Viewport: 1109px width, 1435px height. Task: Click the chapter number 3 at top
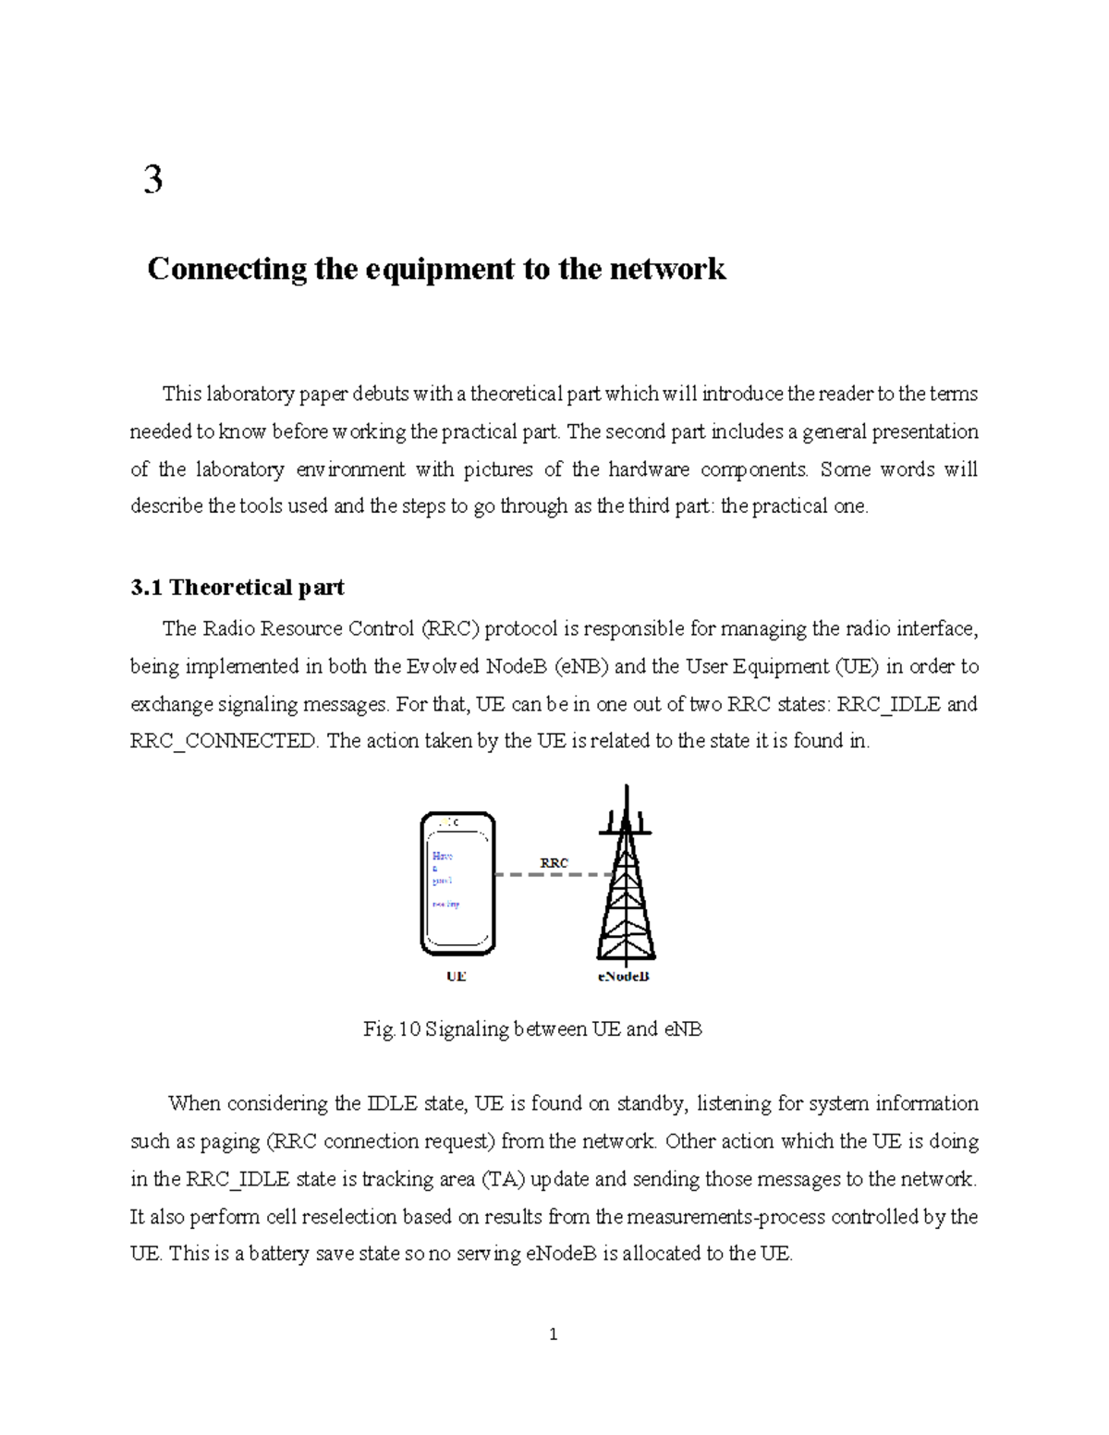pos(153,179)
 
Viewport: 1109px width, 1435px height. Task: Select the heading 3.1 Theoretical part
pos(238,588)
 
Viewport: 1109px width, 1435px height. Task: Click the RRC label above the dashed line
pos(554,862)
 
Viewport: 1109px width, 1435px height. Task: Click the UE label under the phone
pos(457,976)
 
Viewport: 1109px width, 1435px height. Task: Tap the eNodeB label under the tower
pos(624,976)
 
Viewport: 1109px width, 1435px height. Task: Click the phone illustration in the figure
pos(457,883)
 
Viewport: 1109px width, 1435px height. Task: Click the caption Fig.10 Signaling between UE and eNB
pos(533,1028)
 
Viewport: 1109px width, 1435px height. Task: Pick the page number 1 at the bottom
pos(553,1334)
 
